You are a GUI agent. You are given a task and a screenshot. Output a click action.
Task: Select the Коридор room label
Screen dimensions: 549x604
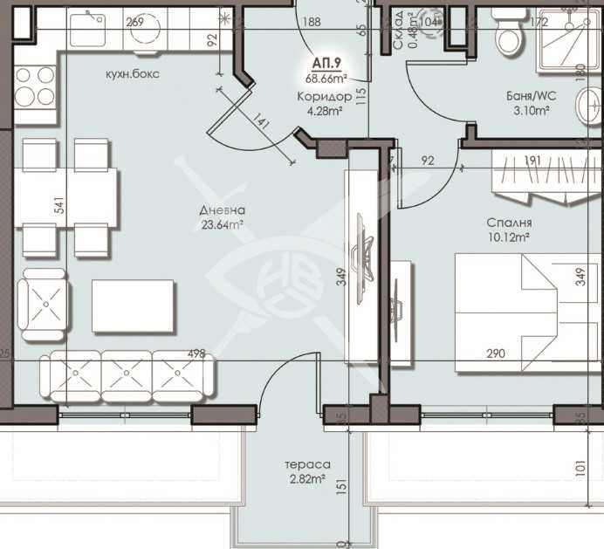click(324, 96)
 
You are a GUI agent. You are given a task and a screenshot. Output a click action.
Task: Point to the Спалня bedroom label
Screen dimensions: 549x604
click(510, 223)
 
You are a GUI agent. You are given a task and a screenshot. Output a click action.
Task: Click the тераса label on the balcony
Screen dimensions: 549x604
click(305, 465)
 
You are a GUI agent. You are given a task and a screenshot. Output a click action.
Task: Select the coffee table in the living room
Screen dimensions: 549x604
click(133, 305)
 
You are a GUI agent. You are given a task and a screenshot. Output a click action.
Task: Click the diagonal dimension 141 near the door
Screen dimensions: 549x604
click(262, 126)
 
